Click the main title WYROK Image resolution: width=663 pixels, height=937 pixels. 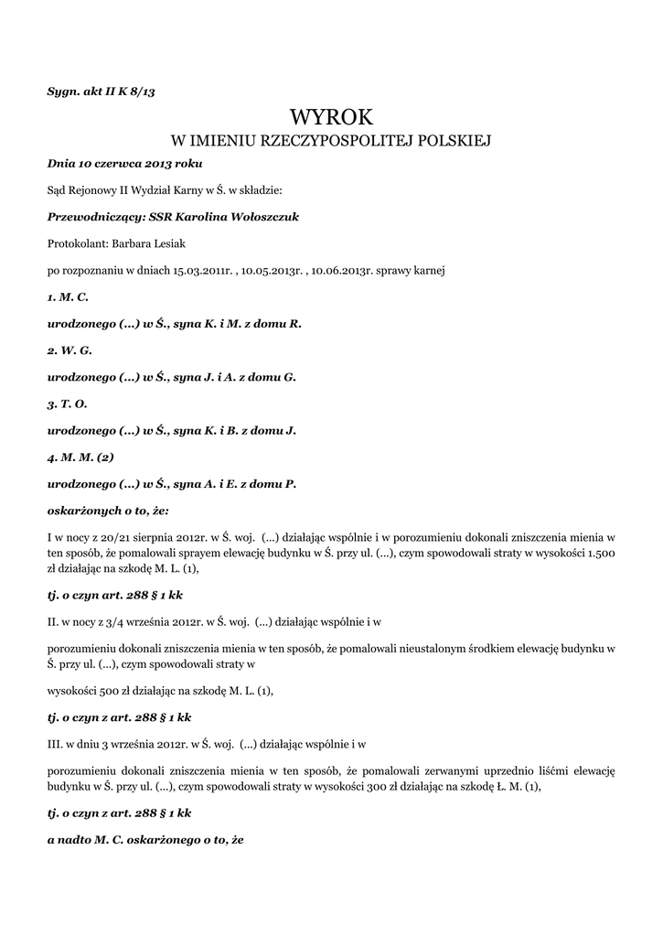tap(331, 117)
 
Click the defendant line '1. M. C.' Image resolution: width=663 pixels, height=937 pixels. tap(68, 297)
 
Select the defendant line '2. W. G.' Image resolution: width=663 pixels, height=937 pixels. tap(70, 350)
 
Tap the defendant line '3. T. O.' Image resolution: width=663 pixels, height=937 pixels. tap(68, 404)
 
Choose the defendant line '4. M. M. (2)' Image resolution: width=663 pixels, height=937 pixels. tap(80, 457)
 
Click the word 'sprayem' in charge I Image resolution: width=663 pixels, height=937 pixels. tap(212, 554)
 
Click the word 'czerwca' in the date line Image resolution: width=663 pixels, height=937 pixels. tap(120, 163)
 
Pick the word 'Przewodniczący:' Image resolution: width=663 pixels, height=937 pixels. tap(96, 217)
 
